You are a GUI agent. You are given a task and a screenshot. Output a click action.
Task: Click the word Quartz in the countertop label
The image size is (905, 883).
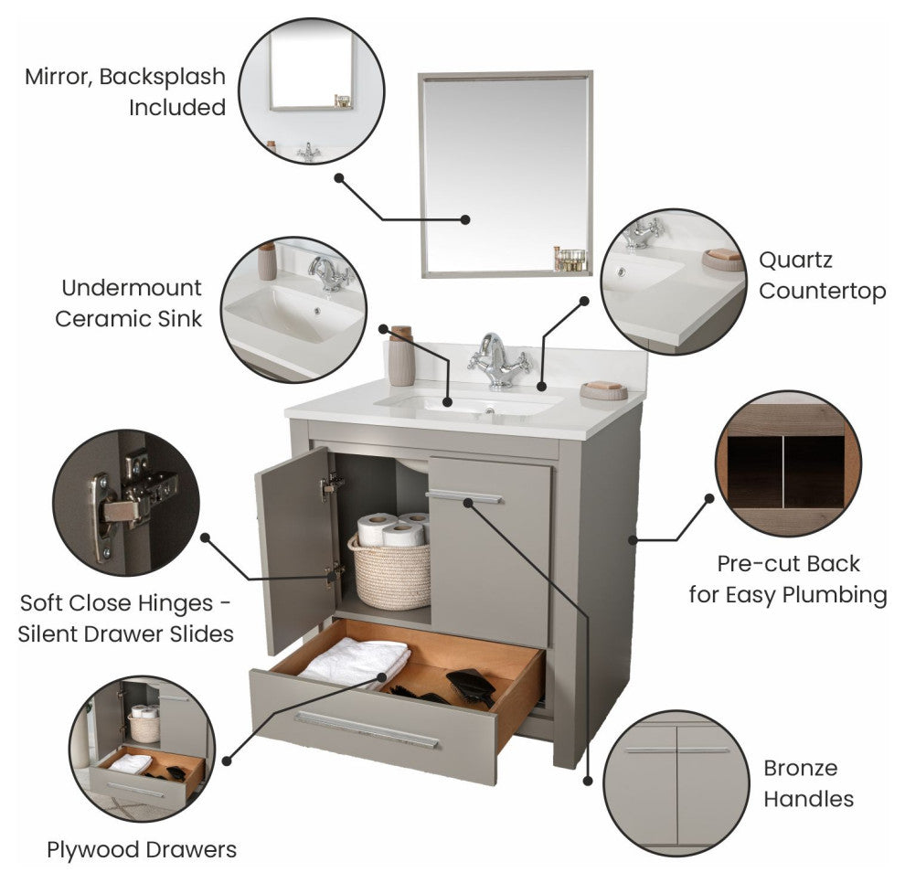[795, 260]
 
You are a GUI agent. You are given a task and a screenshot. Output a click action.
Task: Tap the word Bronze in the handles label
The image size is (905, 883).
[800, 768]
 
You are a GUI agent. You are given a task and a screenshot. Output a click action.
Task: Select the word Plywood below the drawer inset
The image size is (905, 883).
[93, 850]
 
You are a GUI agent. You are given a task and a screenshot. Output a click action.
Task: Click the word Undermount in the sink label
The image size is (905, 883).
[132, 287]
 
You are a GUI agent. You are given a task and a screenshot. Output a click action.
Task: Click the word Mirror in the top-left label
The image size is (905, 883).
[58, 77]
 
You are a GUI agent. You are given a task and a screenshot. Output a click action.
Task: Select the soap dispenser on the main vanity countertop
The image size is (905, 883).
[401, 356]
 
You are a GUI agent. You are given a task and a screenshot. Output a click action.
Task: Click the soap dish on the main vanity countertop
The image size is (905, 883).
[603, 390]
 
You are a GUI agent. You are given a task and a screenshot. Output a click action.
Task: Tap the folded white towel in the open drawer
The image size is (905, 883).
[355, 661]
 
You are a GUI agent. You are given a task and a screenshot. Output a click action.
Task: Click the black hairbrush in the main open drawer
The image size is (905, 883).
[472, 686]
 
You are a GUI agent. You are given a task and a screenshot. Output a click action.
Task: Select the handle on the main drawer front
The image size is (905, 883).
[366, 730]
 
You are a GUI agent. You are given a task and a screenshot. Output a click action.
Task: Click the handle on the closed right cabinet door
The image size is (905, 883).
[464, 497]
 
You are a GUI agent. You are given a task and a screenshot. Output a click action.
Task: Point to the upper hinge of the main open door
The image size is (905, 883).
[332, 485]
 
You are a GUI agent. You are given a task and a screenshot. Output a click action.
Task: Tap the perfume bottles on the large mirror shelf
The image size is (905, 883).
[570, 259]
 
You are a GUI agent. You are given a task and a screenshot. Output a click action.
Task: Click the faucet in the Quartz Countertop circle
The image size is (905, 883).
[643, 232]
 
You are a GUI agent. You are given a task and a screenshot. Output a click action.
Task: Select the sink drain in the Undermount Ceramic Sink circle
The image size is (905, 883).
[317, 311]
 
